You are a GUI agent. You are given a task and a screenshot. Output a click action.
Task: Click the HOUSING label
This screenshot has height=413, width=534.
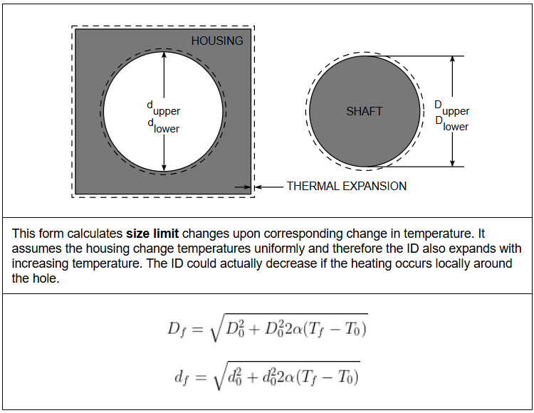(x=216, y=41)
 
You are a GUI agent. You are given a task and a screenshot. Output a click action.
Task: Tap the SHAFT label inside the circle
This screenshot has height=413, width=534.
(x=364, y=111)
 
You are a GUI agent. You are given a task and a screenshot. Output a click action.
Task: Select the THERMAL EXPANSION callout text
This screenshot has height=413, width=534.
(x=346, y=187)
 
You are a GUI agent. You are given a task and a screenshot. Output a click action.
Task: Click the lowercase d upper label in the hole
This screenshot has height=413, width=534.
(x=164, y=108)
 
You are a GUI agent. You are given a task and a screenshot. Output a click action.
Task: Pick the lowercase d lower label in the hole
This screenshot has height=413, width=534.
(x=163, y=126)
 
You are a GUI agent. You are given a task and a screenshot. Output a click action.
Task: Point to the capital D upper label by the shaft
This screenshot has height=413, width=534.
(x=452, y=108)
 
